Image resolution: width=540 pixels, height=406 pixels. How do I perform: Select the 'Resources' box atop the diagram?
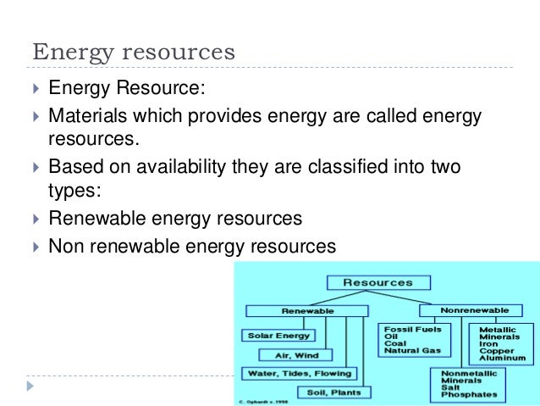pyautogui.click(x=377, y=282)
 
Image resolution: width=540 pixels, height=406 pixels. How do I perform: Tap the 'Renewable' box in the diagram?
pyautogui.click(x=306, y=311)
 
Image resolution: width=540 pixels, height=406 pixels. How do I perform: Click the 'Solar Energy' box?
pyautogui.click(x=278, y=336)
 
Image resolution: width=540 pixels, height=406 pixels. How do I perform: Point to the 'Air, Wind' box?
pyautogui.click(x=295, y=354)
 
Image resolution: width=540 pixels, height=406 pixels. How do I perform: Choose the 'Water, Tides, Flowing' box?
pyautogui.click(x=300, y=373)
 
